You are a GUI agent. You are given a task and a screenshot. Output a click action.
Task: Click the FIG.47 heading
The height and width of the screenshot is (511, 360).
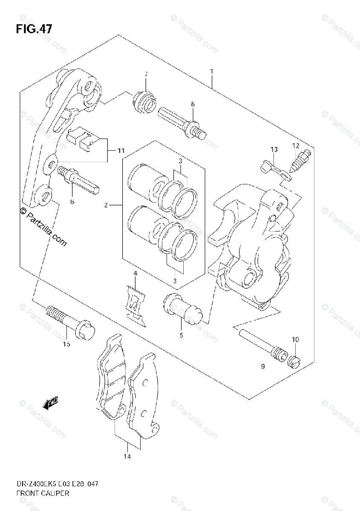pyautogui.click(x=34, y=29)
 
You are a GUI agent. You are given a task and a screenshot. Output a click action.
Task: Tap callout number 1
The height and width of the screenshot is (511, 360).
pyautogui.click(x=211, y=72)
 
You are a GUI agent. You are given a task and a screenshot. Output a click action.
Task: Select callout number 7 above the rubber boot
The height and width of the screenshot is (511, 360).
pyautogui.click(x=145, y=75)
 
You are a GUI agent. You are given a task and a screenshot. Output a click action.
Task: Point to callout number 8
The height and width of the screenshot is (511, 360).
pyautogui.click(x=193, y=104)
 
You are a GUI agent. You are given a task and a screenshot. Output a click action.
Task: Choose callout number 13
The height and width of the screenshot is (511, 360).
pyautogui.click(x=274, y=149)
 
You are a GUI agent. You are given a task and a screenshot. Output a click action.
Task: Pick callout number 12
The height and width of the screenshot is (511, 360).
pyautogui.click(x=296, y=146)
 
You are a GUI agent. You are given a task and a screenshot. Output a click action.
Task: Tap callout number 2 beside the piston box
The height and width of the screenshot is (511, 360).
pyautogui.click(x=105, y=205)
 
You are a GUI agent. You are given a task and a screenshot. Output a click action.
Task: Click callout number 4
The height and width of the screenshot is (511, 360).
pyautogui.click(x=135, y=273)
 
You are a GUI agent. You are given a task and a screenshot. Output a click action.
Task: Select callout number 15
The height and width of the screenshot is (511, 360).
pyautogui.click(x=66, y=344)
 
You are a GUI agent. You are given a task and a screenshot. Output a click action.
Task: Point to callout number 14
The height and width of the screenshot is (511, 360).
pyautogui.click(x=127, y=457)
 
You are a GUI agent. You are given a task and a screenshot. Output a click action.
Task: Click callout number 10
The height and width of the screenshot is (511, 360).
pyautogui.click(x=295, y=339)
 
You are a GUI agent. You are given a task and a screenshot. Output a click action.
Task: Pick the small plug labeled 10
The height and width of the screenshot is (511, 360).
pyautogui.click(x=294, y=361)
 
